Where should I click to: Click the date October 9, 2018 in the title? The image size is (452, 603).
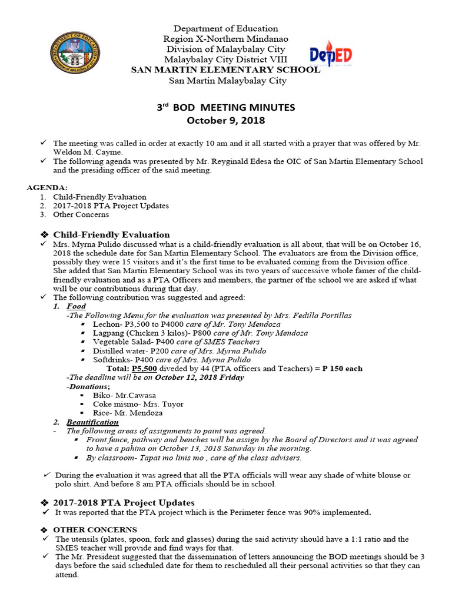coord(226,121)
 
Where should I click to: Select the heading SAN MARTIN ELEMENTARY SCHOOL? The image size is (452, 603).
coord(225,69)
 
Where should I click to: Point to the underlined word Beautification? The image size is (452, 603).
coord(92,422)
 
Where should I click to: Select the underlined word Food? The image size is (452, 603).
coord(76,306)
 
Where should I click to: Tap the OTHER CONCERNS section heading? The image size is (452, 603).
coord(104,529)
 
